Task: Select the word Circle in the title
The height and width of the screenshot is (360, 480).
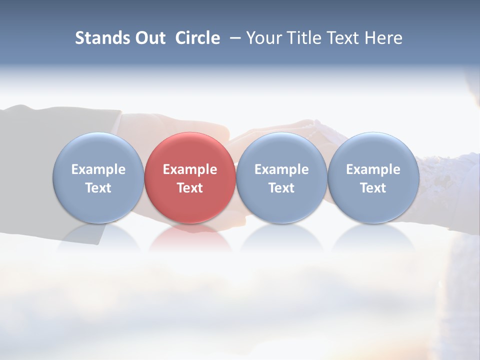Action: pos(197,38)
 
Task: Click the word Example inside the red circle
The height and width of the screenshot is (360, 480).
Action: pos(190,169)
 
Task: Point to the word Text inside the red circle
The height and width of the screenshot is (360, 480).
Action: pos(190,188)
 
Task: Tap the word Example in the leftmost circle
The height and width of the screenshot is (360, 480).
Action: pos(98,169)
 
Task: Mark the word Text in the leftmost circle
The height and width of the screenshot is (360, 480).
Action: pos(98,188)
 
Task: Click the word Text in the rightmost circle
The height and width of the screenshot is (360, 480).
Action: pos(373,188)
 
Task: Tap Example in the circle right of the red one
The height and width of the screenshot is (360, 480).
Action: pos(281,169)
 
